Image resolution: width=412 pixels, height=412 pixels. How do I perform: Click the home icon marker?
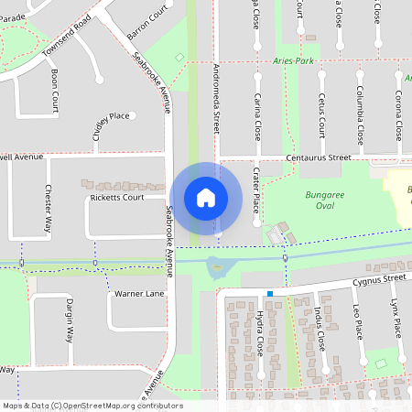(206, 197)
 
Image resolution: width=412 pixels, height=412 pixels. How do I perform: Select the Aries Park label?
(293, 60)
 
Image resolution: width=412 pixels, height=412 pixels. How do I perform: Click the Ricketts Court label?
(116, 198)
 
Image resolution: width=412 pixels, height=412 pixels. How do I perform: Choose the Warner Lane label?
(139, 294)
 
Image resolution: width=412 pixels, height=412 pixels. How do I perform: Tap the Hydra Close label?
(259, 332)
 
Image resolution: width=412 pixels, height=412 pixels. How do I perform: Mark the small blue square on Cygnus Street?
(270, 294)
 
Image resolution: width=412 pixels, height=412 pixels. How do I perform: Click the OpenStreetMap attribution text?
(92, 405)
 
